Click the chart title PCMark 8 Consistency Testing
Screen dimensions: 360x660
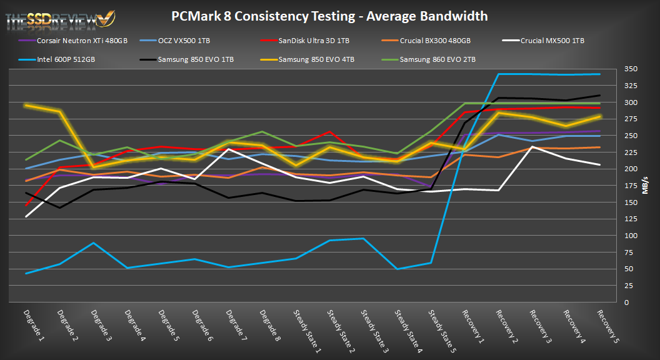point(329,16)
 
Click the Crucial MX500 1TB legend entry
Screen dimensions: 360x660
point(550,41)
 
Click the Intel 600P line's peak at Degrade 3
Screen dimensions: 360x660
point(93,242)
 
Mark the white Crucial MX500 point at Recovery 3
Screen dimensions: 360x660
point(532,147)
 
